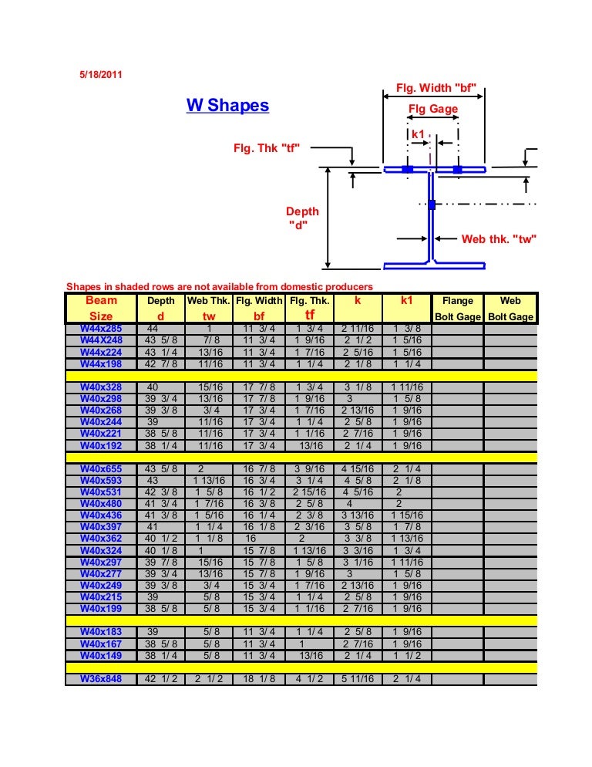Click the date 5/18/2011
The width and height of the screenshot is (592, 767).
click(100, 75)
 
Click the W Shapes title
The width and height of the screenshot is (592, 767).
click(227, 105)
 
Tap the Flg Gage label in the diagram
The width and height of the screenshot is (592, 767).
click(432, 110)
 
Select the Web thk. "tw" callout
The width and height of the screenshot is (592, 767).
click(498, 239)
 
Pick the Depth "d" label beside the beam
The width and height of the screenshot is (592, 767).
click(302, 218)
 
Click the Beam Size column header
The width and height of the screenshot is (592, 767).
click(101, 308)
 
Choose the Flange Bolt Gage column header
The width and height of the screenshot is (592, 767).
click(458, 308)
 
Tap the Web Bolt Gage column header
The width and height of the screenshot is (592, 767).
click(510, 308)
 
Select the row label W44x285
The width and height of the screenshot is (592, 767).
click(101, 328)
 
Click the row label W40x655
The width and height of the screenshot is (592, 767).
click(101, 468)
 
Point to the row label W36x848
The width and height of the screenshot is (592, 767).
click(101, 679)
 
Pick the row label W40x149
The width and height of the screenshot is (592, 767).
click(101, 655)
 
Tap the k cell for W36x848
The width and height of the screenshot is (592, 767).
click(358, 679)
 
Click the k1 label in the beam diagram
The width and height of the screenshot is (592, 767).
click(419, 133)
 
